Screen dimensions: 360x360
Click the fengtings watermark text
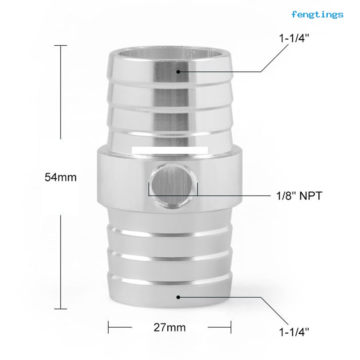coord(317,14)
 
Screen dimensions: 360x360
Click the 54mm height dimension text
coord(60,177)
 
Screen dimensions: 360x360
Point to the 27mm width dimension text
coord(169,328)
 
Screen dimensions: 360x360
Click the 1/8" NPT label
coord(299,195)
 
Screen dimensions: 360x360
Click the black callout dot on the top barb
coord(178,72)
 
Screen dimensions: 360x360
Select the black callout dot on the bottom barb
coord(178,297)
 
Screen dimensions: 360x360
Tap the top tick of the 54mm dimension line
coord(60,46)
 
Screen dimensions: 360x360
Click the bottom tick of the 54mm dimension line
coord(60,309)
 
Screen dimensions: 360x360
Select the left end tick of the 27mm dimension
coord(108,327)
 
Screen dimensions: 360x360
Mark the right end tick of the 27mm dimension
coord(231,327)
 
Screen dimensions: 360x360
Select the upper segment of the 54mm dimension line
coord(60,91)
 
